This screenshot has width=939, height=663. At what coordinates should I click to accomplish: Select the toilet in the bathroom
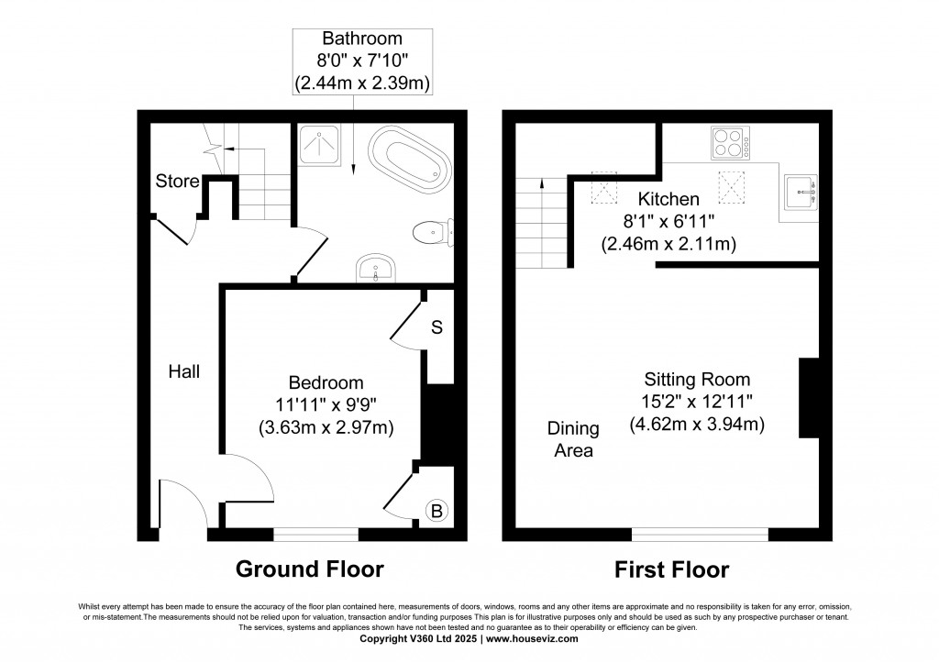431,232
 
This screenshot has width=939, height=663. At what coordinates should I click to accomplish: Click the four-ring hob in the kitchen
730,144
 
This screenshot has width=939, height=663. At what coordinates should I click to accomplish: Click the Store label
177,182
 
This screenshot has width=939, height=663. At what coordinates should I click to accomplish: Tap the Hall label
183,371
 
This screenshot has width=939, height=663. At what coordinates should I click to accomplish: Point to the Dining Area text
573,439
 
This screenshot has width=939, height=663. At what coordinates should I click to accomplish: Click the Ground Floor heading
310,569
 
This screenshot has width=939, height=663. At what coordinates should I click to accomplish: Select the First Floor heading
671,569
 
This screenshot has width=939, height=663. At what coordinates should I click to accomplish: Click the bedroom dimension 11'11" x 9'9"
326,404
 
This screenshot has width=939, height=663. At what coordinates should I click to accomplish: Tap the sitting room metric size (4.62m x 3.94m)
697,425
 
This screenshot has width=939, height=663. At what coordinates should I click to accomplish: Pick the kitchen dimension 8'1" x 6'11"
669,222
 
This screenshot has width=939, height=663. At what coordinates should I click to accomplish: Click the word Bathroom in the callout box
362,39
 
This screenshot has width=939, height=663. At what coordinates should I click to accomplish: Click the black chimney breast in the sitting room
809,399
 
